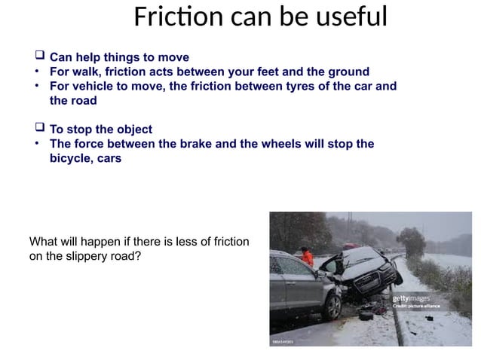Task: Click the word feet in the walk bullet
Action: coord(269,72)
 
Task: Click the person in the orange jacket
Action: coord(307,256)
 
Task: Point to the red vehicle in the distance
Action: coord(349,246)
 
